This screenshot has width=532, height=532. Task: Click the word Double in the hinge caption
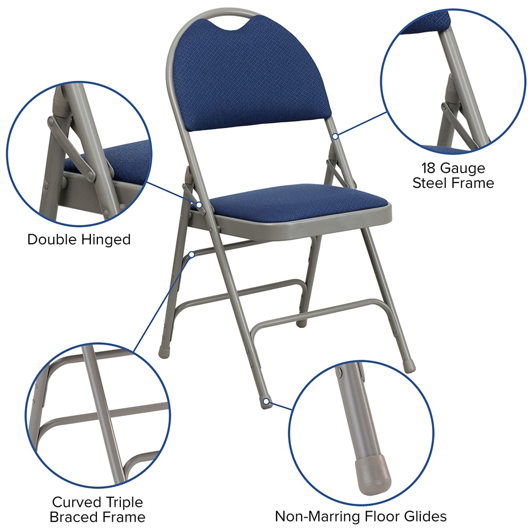tap(51, 239)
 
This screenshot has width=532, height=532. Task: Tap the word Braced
tap(73, 517)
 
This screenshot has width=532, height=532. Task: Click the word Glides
tap(423, 516)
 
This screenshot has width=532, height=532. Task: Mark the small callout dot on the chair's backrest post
tap(335, 137)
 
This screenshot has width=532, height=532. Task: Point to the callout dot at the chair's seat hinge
tap(199, 205)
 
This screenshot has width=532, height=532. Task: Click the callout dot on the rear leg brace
tap(191, 254)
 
